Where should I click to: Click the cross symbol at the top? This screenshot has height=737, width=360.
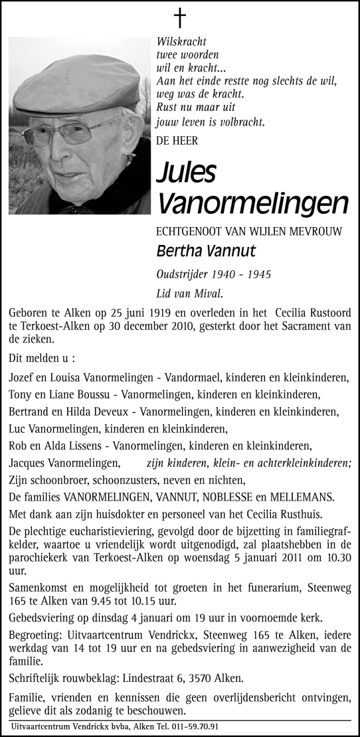[x=180, y=17]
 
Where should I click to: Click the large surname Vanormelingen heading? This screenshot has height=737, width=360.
[x=252, y=203]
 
